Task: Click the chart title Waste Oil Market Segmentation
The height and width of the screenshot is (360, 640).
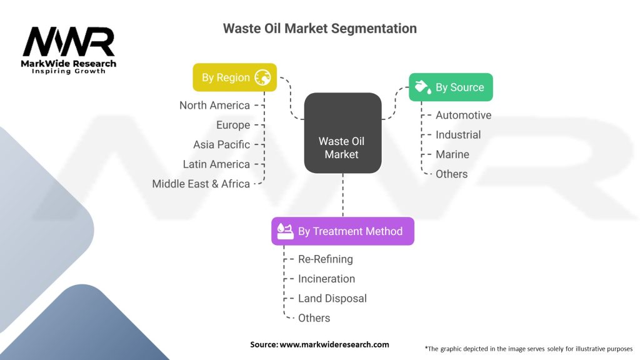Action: (x=319, y=29)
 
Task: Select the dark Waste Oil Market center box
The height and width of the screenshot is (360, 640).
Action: (x=342, y=133)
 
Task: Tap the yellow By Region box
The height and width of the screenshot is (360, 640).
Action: (x=234, y=77)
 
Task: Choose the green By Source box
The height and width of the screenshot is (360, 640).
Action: (x=451, y=87)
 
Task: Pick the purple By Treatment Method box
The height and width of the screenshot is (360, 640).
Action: (x=342, y=231)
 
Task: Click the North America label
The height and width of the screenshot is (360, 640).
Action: (x=214, y=105)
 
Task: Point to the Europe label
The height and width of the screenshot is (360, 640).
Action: (x=233, y=125)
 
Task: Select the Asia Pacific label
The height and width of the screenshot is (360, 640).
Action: (x=221, y=144)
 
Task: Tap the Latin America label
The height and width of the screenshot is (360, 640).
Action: (x=216, y=164)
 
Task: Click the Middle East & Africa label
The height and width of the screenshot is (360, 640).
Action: (x=201, y=184)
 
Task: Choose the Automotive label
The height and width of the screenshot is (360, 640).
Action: (x=463, y=115)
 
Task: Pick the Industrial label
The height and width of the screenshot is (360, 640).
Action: (x=458, y=134)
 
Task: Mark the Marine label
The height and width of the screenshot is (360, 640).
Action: (x=452, y=154)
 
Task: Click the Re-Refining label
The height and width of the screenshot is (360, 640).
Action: (x=325, y=259)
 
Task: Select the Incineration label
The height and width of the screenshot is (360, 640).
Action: (x=326, y=279)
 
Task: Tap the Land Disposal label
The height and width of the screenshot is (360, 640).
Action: (x=332, y=298)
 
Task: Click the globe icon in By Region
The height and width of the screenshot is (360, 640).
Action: (x=262, y=77)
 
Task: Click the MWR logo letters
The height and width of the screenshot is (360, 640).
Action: (x=69, y=43)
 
